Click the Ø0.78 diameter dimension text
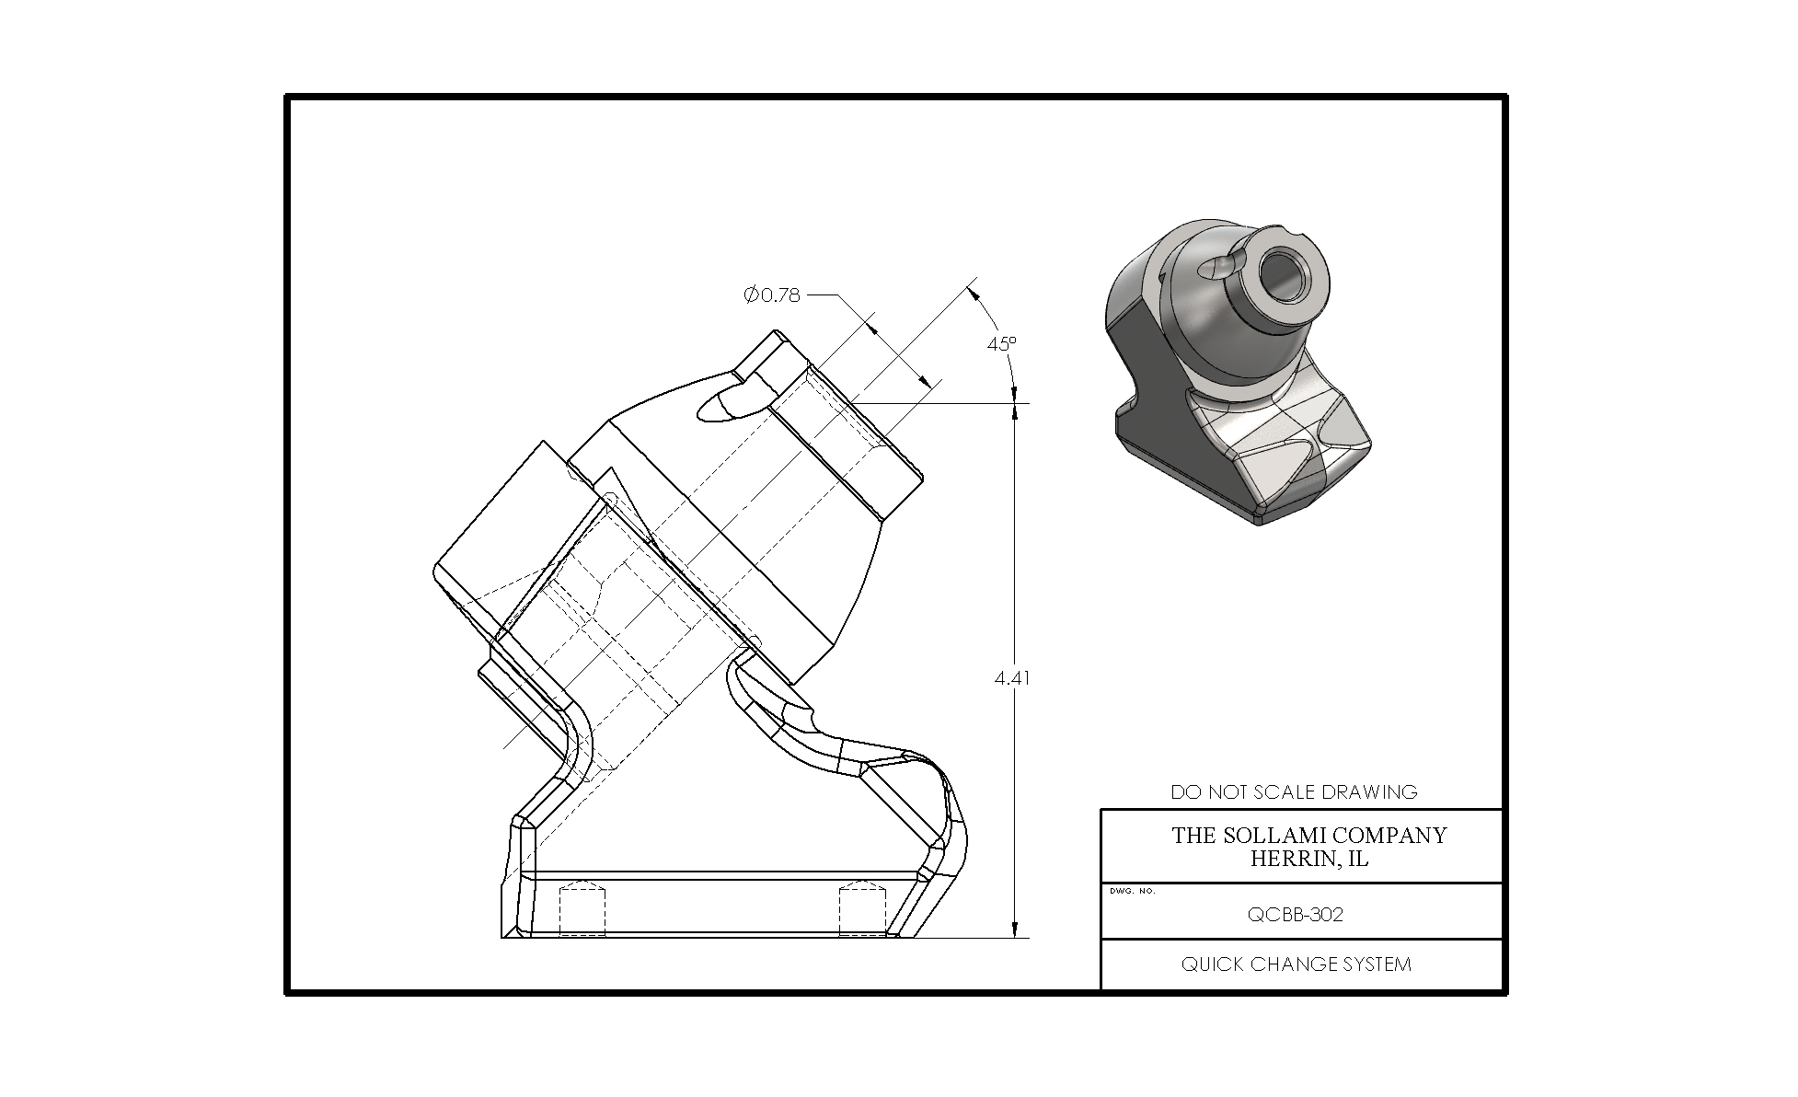(772, 294)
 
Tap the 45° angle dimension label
(1002, 343)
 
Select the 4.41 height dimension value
(1012, 678)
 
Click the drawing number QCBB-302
(1295, 914)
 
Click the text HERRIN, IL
(1308, 859)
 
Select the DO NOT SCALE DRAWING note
(1294, 791)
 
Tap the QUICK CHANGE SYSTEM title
(1296, 964)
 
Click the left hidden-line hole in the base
(583, 907)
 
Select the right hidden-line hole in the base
(862, 907)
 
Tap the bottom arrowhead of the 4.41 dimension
(1014, 930)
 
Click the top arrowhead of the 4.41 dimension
(1014, 412)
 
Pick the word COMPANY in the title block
(1389, 835)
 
